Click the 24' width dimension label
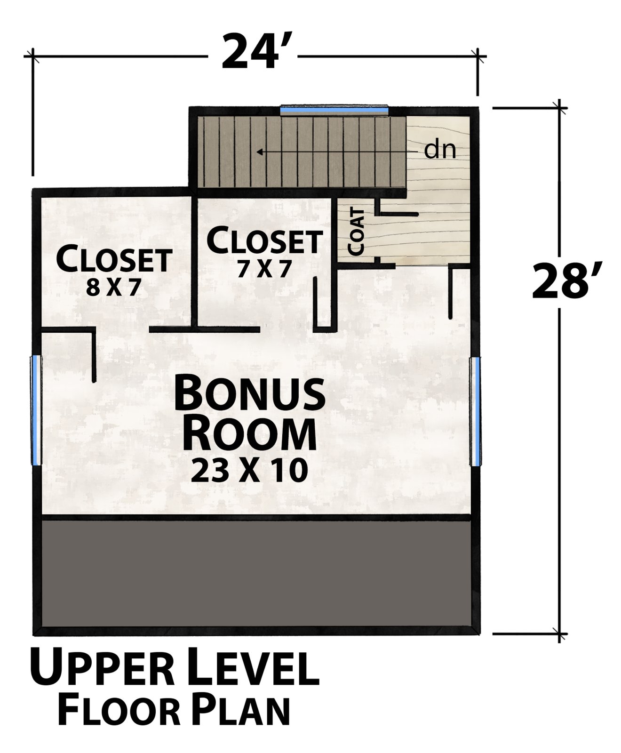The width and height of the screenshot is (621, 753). click(x=252, y=52)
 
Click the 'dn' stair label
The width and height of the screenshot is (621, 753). click(x=440, y=150)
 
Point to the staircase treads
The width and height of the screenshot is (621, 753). click(x=302, y=152)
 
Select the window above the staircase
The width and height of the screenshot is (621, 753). click(x=334, y=110)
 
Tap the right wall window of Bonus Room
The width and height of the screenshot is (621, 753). click(x=475, y=411)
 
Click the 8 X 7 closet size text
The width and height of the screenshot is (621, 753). click(x=113, y=288)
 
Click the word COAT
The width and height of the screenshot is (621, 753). click(x=357, y=232)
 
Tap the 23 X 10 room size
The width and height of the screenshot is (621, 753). click(x=249, y=471)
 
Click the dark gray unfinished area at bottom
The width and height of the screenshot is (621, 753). click(x=256, y=574)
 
